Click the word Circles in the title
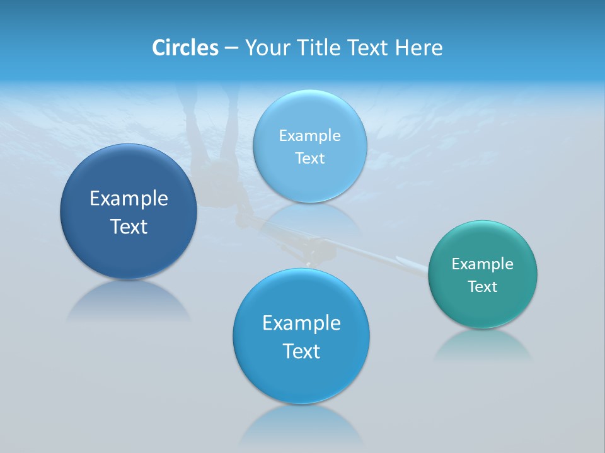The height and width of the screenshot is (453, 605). click(185, 48)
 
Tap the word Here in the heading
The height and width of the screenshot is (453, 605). click(418, 48)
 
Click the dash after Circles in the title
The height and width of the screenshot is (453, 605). click(231, 48)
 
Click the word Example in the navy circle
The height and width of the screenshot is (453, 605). click(129, 199)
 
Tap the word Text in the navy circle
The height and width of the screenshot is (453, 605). click(129, 226)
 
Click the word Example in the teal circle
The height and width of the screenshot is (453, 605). click(483, 264)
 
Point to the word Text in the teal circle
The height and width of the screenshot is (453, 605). click(483, 287)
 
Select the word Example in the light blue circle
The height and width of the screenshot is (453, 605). click(310, 136)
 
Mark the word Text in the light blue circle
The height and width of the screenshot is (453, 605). click(310, 159)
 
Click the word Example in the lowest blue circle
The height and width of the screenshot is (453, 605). click(301, 323)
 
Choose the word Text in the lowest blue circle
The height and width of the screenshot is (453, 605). click(301, 351)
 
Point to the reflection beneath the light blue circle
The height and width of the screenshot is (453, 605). click(310, 217)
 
